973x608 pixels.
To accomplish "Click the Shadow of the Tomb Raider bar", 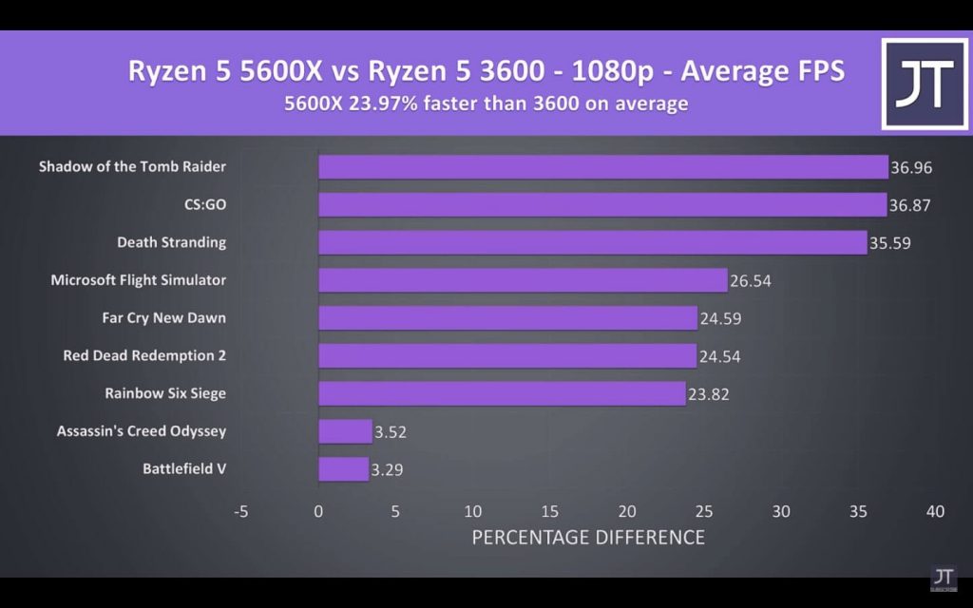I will click(602, 167).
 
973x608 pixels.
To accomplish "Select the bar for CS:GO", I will click(601, 205).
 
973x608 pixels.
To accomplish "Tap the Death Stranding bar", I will click(592, 242).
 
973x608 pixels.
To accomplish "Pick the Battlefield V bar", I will click(343, 469).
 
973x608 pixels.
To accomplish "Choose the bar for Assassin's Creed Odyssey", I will click(345, 431).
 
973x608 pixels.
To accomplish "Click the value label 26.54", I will click(750, 281).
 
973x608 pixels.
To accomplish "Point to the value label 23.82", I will click(708, 394).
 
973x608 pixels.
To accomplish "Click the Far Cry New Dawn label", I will click(163, 318).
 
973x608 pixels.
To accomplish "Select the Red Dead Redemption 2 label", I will click(144, 355).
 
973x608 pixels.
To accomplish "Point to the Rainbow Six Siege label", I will click(165, 393).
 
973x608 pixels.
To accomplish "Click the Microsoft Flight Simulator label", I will click(138, 280).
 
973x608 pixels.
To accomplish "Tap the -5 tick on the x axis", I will click(241, 511).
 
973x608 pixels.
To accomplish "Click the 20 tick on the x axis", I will click(627, 511).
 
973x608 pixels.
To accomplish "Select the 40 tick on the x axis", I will click(936, 511).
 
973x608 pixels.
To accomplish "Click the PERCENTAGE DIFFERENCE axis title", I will click(588, 538).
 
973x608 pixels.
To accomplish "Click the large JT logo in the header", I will click(925, 84).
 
